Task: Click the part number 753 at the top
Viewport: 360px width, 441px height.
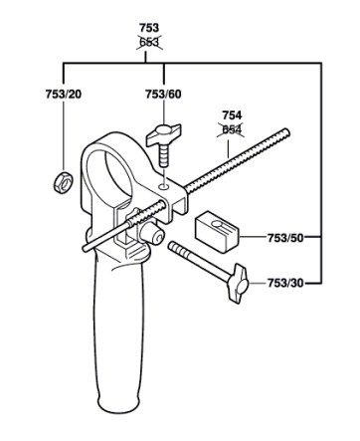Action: coord(149,27)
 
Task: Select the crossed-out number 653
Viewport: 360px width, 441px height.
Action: coord(149,43)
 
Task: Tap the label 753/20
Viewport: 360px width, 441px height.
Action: coord(64,95)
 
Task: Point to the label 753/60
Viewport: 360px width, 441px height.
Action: coord(163,95)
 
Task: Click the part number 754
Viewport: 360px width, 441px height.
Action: coord(232,115)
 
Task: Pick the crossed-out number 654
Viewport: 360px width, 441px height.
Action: coord(232,129)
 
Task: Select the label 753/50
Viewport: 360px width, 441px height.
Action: coord(285,238)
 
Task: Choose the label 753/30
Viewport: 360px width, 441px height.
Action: coord(285,283)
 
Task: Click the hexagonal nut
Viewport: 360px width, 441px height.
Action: coord(63,182)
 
